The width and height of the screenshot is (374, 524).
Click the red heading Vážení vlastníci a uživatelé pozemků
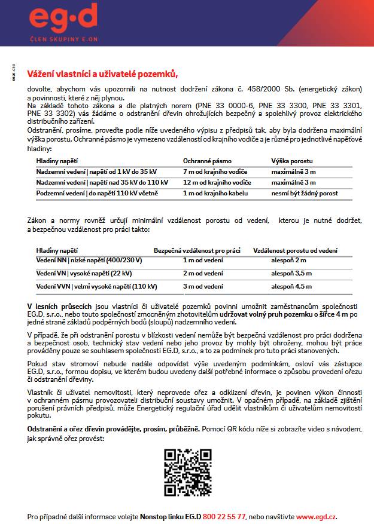[x=103, y=74]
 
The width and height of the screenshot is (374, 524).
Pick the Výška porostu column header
[x=292, y=161]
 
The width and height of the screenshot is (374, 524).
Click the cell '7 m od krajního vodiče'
[x=215, y=171]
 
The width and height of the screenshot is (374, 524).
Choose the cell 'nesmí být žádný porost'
[x=305, y=193]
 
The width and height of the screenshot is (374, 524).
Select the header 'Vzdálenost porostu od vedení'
[x=295, y=250]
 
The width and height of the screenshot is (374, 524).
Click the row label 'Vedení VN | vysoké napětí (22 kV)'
[x=84, y=273]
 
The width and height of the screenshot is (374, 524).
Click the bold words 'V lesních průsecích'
[x=58, y=306]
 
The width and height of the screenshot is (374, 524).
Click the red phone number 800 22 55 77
[x=224, y=516]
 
